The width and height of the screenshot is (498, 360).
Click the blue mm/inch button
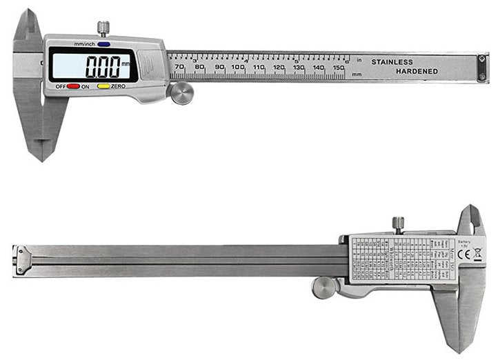tap(103, 44)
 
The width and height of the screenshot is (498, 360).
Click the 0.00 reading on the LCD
tap(101, 66)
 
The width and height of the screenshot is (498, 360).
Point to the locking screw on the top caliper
tap(103, 28)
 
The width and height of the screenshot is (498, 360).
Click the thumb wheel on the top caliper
tap(181, 93)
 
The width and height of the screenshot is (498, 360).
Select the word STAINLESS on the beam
tap(392, 62)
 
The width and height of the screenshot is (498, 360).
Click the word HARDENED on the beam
tap(416, 72)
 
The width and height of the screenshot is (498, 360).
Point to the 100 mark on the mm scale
tap(238, 67)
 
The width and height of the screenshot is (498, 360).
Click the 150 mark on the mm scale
tap(339, 68)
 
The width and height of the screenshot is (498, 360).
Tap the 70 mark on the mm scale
tap(179, 67)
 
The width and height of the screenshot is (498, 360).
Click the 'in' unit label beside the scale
tap(359, 60)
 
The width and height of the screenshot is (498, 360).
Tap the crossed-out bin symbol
tap(478, 254)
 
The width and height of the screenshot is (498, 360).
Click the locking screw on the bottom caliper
tap(398, 224)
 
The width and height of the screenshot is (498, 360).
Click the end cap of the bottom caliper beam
tap(22, 260)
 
